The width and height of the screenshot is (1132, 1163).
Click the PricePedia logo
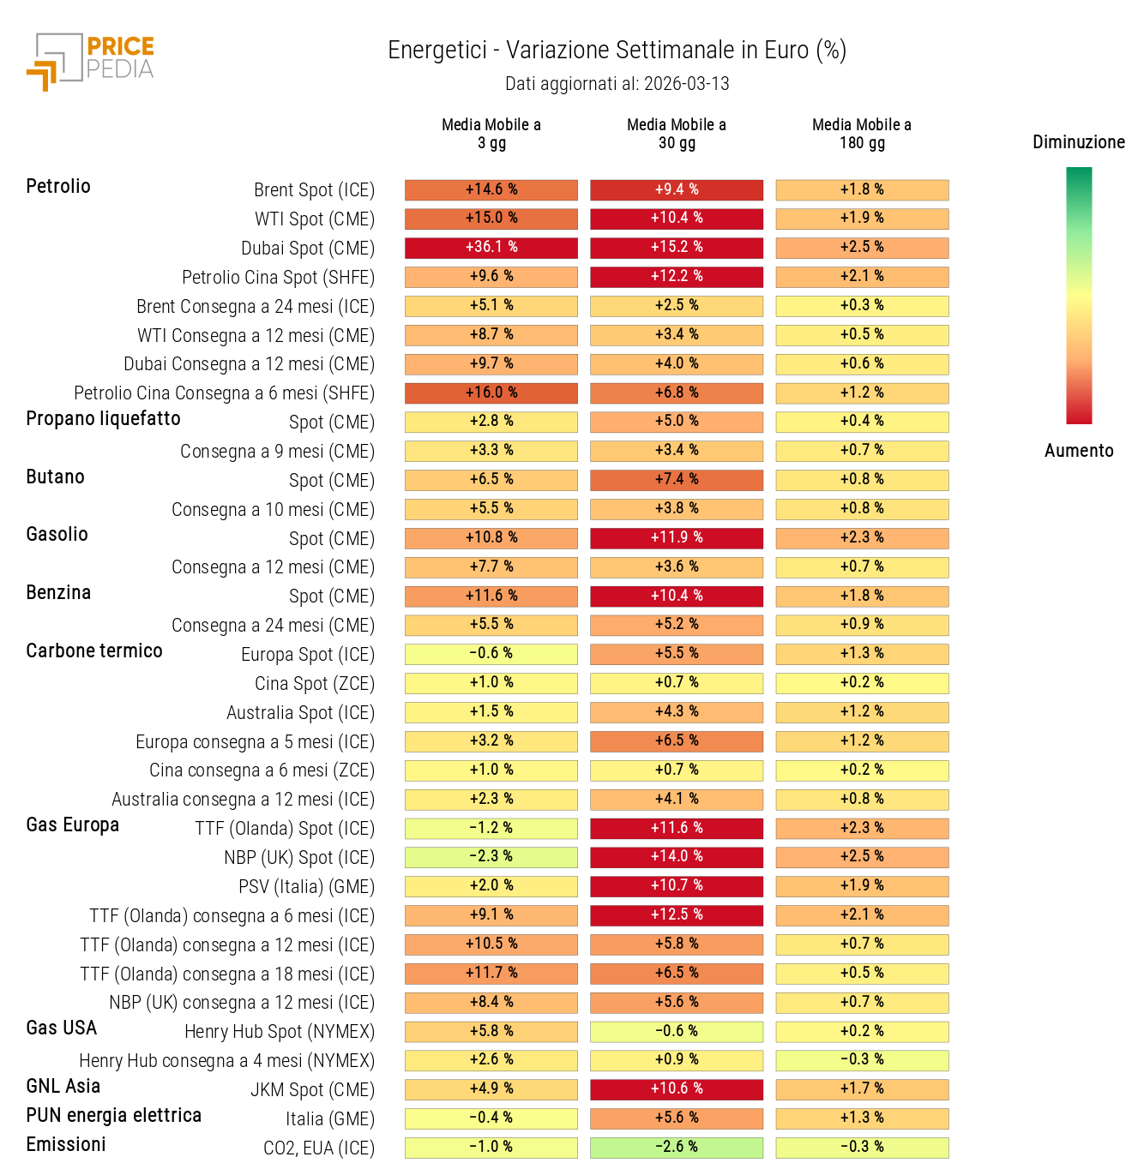(x=90, y=62)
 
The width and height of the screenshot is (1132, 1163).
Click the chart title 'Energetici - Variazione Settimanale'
(x=617, y=50)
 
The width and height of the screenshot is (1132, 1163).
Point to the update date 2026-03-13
(x=686, y=84)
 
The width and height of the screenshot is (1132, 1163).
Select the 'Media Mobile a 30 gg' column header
(x=677, y=134)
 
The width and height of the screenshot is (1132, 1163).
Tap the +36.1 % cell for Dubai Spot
(x=491, y=248)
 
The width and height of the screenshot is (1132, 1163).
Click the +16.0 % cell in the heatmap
(x=491, y=393)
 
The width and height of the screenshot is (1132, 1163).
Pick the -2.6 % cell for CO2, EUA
(x=677, y=1147)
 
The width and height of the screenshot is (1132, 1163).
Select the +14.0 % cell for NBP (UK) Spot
(x=677, y=857)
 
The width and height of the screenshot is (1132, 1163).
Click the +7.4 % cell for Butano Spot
(x=677, y=480)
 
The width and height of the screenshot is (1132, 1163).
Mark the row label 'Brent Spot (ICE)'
(x=314, y=190)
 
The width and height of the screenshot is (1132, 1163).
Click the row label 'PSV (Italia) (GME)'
(x=306, y=887)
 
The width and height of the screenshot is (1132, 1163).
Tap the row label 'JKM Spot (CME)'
(x=312, y=1090)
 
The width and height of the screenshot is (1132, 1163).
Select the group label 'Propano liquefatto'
(x=104, y=419)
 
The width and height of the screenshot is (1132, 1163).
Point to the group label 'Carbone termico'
(x=94, y=651)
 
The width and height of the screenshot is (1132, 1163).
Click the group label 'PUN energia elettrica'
(x=114, y=1116)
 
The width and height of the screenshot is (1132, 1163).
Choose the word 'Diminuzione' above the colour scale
(x=1078, y=142)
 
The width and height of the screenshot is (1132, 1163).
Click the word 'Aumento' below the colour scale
(x=1078, y=451)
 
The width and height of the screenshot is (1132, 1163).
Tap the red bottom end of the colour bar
(x=1079, y=416)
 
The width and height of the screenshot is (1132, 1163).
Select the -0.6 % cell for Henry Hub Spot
(x=677, y=1032)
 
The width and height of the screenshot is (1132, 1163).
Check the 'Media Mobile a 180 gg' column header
(x=862, y=134)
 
